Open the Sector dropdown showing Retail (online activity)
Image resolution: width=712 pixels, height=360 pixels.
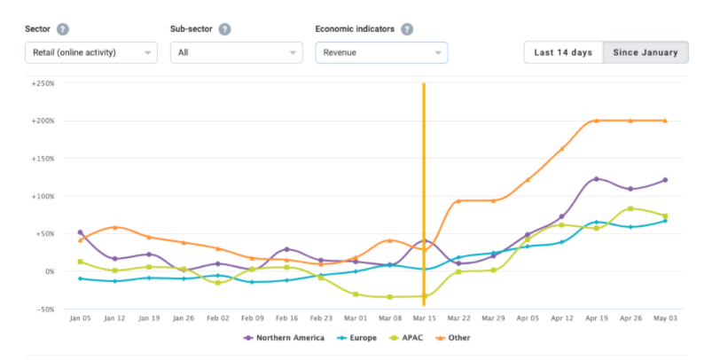click(91, 52)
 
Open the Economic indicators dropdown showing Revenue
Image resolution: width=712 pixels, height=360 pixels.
click(381, 52)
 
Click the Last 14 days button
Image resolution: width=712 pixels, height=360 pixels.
click(563, 52)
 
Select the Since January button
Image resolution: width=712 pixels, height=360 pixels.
click(645, 52)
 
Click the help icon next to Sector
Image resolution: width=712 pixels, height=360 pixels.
click(63, 28)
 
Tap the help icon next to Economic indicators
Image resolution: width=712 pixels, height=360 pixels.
click(407, 28)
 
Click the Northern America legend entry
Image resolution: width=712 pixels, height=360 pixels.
click(284, 338)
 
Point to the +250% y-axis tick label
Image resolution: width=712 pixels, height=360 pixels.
click(43, 83)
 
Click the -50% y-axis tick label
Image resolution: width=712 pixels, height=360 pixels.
click(43, 309)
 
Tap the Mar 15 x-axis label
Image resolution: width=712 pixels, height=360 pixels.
click(424, 317)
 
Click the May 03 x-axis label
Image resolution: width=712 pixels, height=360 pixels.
click(665, 317)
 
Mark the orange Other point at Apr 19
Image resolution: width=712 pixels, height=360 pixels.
click(596, 121)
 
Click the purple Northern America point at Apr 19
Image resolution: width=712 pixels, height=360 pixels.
click(596, 179)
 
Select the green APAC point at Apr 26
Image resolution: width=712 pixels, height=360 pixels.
click(630, 208)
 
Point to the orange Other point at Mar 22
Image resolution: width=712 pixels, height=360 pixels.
click(458, 200)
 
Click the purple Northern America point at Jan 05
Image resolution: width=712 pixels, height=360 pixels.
click(81, 232)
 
